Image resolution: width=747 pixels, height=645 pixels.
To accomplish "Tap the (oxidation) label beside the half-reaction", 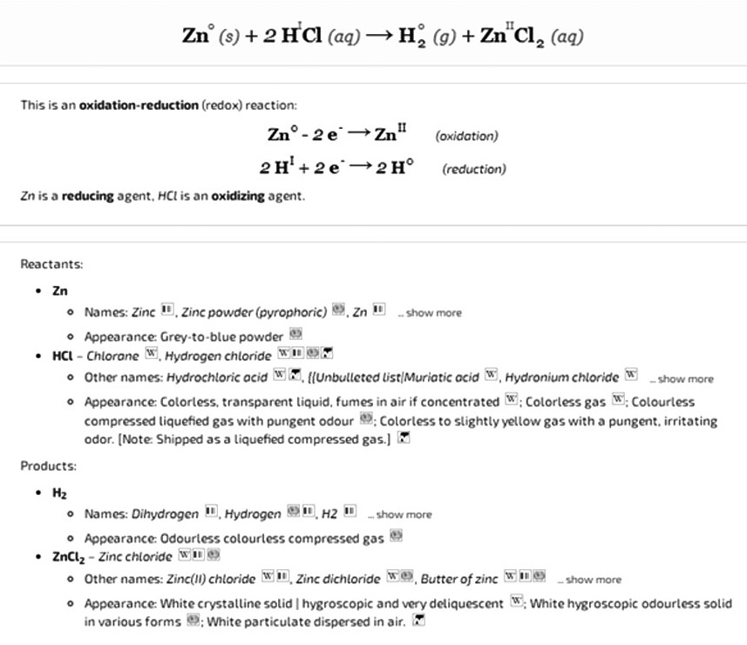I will [x=465, y=136].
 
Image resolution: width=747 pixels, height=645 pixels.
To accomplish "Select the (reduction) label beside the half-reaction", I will [x=473, y=169].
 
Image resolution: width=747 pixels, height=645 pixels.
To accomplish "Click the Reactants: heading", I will [x=51, y=262].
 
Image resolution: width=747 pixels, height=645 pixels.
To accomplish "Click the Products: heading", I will [x=49, y=465].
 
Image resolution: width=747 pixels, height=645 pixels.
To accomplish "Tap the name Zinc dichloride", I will [x=339, y=580].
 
